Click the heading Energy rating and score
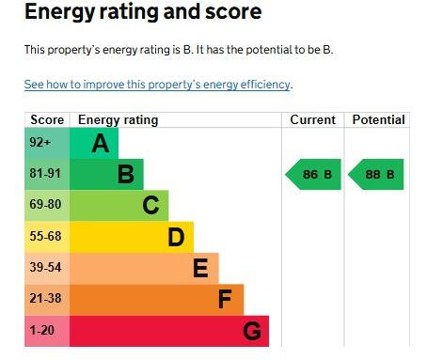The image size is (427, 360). (x=143, y=12)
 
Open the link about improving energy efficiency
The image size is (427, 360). (x=157, y=85)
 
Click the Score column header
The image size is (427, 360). (x=47, y=119)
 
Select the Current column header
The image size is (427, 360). (x=312, y=119)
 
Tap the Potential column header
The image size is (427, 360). (x=378, y=119)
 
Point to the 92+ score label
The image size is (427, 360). (x=40, y=142)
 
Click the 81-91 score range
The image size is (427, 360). (x=45, y=173)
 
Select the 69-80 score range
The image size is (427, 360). (x=45, y=204)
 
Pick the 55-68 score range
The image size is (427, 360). (x=45, y=236)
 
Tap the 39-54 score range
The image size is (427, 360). (x=45, y=267)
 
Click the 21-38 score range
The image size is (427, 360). (x=45, y=298)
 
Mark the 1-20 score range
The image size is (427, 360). (x=41, y=330)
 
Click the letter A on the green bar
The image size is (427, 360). (x=101, y=143)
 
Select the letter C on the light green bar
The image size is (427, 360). (x=150, y=205)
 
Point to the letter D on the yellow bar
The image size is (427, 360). (x=176, y=237)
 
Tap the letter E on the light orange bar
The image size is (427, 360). (x=200, y=268)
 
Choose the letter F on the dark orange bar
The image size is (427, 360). (x=225, y=299)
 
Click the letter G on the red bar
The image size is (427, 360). (x=252, y=331)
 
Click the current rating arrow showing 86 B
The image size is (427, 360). (x=313, y=174)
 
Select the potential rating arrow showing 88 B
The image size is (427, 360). (x=376, y=174)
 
